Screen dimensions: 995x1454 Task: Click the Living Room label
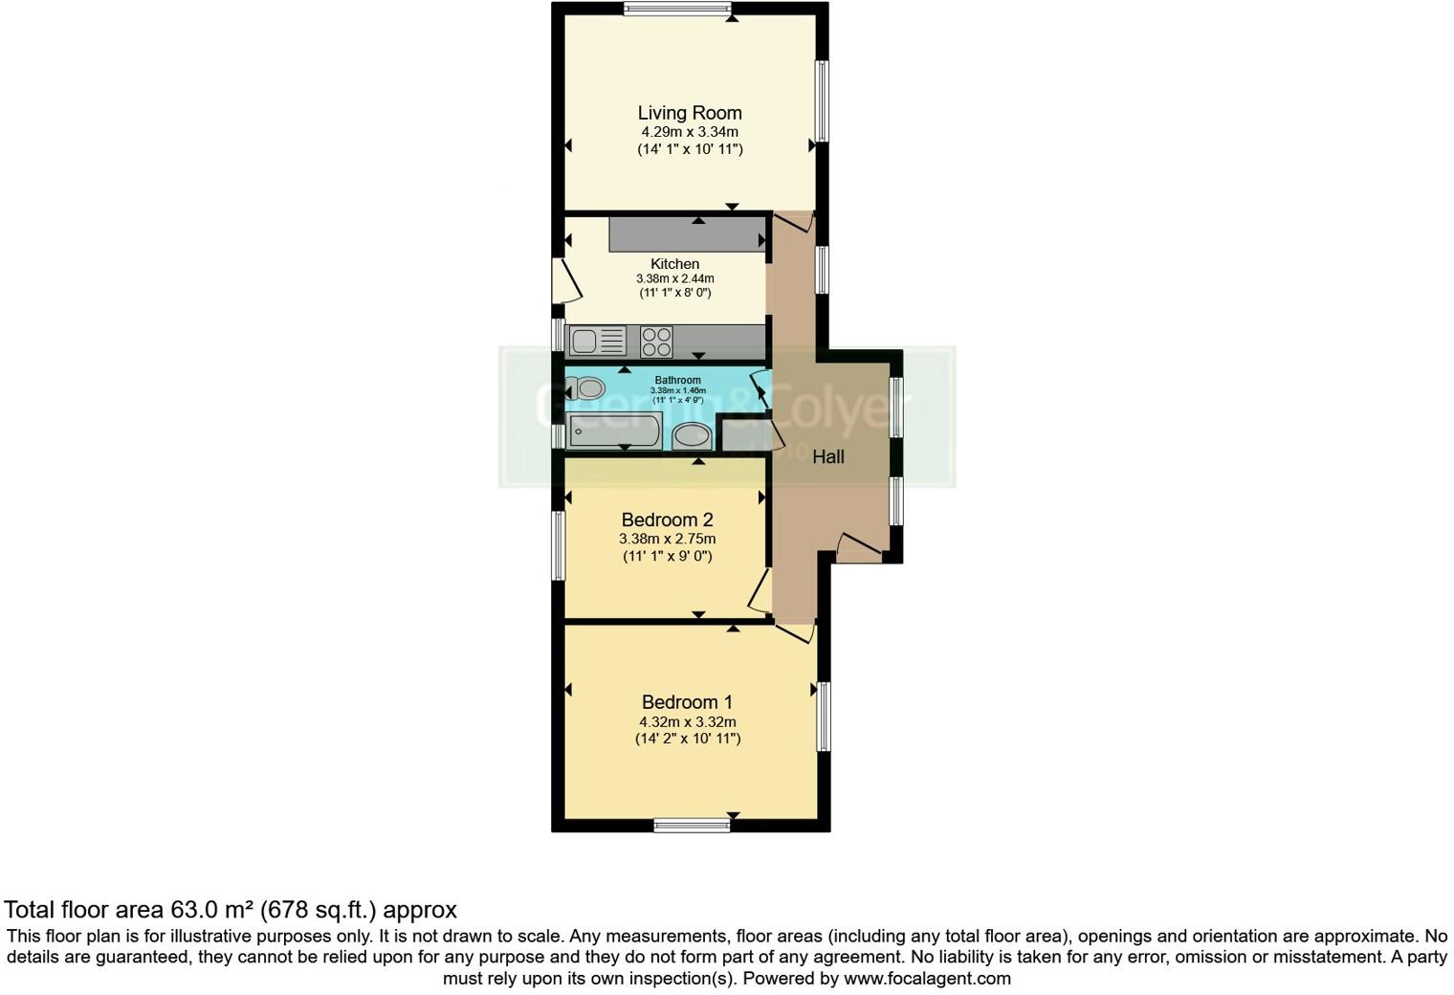(x=689, y=113)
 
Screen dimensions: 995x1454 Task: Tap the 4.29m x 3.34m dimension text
(x=689, y=132)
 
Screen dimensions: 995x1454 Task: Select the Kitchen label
(x=674, y=264)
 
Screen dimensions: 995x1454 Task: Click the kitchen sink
(x=597, y=341)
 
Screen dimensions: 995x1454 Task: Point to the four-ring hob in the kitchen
(x=656, y=342)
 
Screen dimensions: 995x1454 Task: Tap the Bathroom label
(x=677, y=380)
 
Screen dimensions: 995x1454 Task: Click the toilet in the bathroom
(x=587, y=388)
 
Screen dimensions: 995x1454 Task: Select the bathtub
(x=613, y=431)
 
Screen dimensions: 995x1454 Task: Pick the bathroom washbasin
(x=691, y=436)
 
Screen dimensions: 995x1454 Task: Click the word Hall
(x=827, y=457)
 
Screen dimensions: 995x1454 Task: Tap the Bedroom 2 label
(x=667, y=520)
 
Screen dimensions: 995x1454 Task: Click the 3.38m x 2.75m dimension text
(x=667, y=539)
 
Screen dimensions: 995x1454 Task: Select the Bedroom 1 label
(x=687, y=702)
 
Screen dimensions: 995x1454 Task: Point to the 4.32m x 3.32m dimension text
(x=687, y=722)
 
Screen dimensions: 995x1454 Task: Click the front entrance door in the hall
(x=858, y=549)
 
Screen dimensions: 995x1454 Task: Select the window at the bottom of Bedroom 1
(x=692, y=825)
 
